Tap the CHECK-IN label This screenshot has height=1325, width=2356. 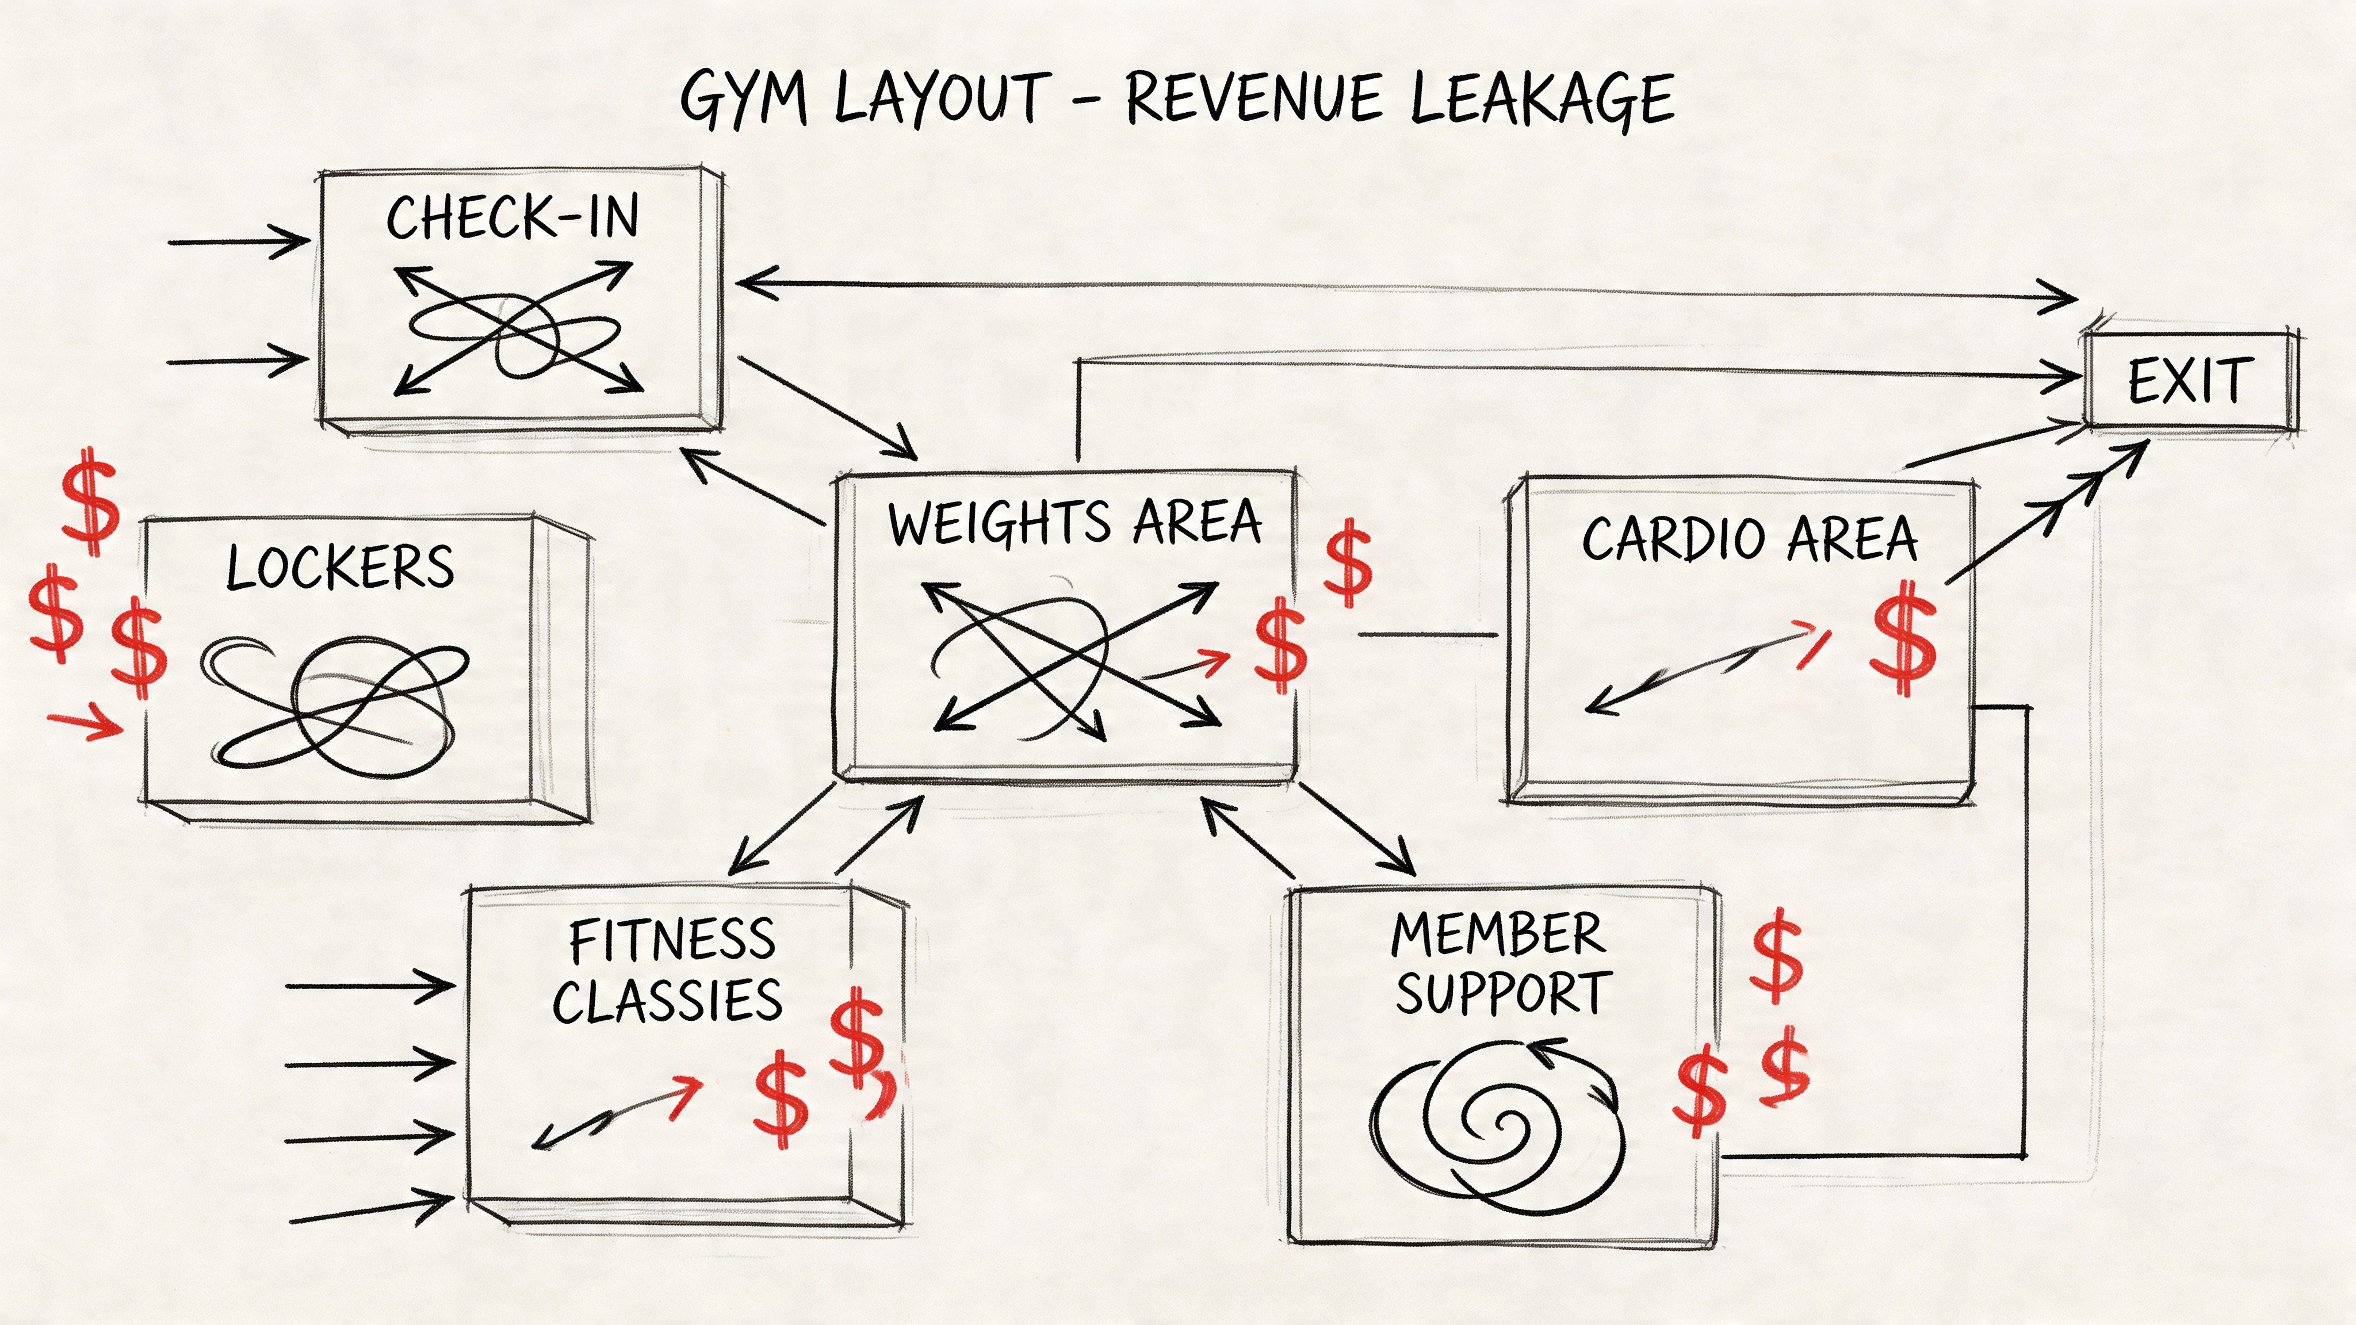pos(512,217)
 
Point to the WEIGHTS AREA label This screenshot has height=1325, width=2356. pos(1074,523)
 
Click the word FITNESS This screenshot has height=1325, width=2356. pos(672,940)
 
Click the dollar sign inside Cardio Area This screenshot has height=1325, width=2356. pos(1904,637)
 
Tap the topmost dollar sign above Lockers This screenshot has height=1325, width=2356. pos(90,501)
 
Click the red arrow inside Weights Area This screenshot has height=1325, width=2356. pos(1189,666)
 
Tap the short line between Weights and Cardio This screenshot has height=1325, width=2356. pos(1428,634)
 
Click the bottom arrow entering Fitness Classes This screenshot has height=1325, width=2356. pos(370,1210)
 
